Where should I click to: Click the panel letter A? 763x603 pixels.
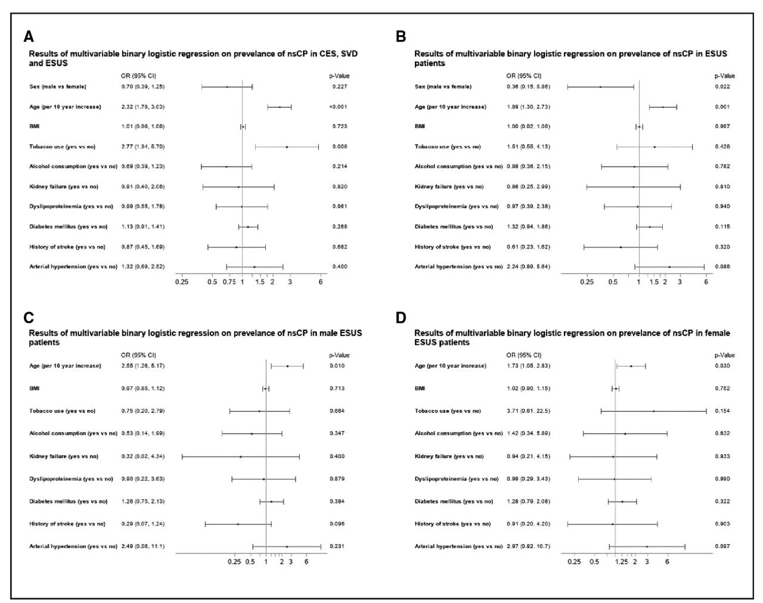pyautogui.click(x=29, y=37)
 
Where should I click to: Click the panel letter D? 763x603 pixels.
pyautogui.click(x=401, y=317)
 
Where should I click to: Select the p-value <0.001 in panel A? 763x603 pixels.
pyautogui.click(x=339, y=107)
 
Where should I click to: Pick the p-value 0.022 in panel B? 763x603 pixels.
pyautogui.click(x=722, y=87)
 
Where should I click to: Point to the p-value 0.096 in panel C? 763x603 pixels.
pyautogui.click(x=337, y=524)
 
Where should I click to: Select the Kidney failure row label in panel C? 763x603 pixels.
pyautogui.click(x=64, y=456)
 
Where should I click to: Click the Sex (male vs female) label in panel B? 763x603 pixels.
pyautogui.click(x=443, y=87)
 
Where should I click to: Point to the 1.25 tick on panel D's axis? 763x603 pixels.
pyautogui.click(x=622, y=562)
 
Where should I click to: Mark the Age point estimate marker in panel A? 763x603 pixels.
pyautogui.click(x=279, y=107)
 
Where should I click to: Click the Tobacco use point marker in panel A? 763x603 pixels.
pyautogui.click(x=287, y=147)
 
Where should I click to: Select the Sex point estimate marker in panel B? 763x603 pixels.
pyautogui.click(x=600, y=87)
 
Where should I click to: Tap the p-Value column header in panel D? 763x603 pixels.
pyautogui.click(x=725, y=355)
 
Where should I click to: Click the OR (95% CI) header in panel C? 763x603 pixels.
pyautogui.click(x=138, y=355)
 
